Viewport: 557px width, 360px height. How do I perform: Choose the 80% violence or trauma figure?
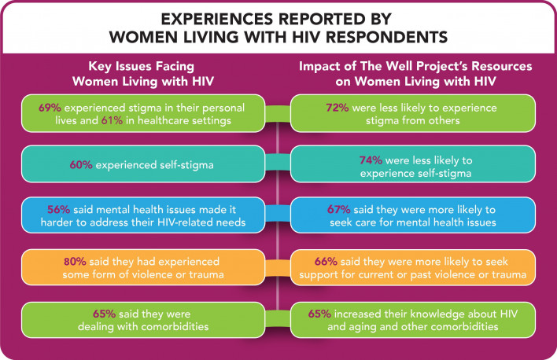pos(76,260)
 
